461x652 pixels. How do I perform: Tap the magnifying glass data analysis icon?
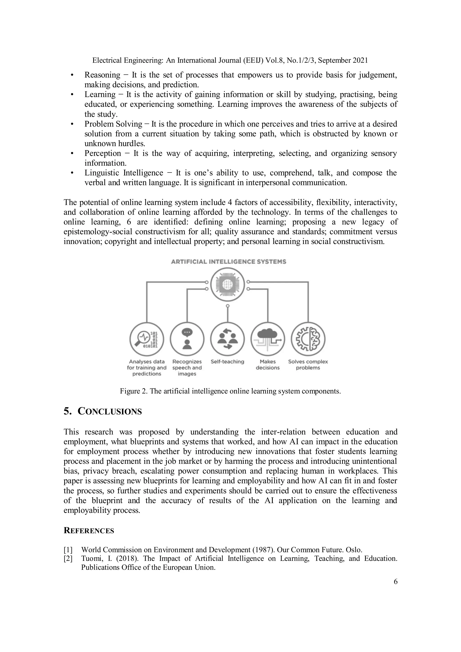click(147, 339)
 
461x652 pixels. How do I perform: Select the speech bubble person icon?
click(187, 339)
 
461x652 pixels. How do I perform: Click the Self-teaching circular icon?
click(228, 339)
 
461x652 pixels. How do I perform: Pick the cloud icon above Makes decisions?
click(268, 339)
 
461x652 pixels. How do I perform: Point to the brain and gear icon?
click(308, 339)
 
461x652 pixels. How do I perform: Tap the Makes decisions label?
click(268, 365)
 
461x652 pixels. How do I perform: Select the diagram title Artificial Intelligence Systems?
click(228, 262)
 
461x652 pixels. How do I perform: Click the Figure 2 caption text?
click(230, 391)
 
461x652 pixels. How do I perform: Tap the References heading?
click(89, 530)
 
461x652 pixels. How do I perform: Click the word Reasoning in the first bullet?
click(102, 75)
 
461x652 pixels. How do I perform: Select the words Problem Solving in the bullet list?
click(113, 124)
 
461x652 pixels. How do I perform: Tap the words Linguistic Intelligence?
click(124, 173)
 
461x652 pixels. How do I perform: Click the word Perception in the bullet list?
click(102, 153)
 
